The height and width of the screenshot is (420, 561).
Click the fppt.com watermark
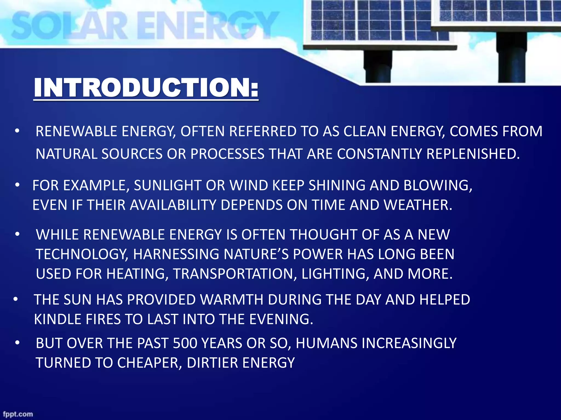18,414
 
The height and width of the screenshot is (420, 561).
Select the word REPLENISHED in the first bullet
473,154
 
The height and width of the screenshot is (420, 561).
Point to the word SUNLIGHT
168,185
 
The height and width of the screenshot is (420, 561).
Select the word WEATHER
417,205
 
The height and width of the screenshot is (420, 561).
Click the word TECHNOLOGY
82,254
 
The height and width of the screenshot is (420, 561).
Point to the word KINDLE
58,319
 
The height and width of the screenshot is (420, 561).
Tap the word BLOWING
438,185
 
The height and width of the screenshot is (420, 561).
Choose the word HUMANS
326,343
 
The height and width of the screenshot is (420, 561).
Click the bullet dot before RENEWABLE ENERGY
17,132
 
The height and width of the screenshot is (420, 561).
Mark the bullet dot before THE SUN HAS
16,300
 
